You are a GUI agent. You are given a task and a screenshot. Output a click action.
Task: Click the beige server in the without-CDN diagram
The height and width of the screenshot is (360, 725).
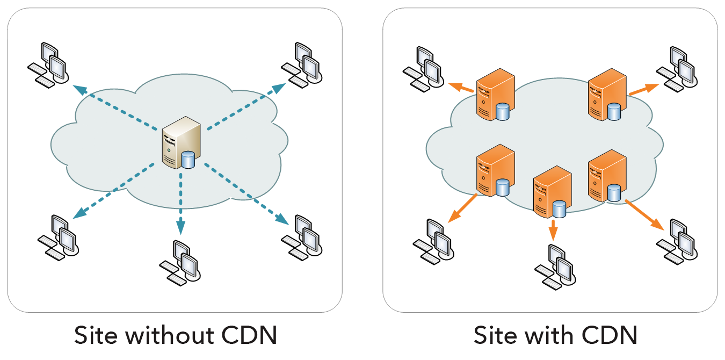point(182,142)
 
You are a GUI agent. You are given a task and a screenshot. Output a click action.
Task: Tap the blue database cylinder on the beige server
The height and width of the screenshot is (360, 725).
point(188,160)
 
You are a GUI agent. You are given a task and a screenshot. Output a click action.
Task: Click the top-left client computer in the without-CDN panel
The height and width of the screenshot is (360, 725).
point(48,63)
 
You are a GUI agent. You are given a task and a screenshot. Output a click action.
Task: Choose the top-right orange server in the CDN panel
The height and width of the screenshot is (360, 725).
point(607,95)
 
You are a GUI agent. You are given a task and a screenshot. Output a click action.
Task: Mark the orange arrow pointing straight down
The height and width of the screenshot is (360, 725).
point(553,229)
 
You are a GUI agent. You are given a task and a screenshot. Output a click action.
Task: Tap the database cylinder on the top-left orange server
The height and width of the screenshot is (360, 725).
point(503,112)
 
